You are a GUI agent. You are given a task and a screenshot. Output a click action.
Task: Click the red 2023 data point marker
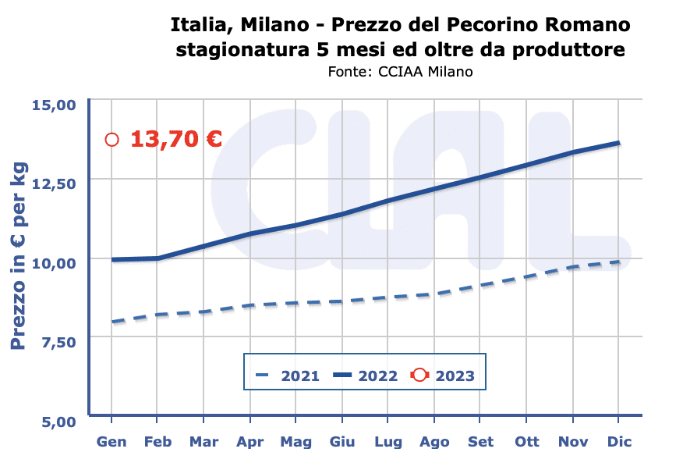coord(111,140)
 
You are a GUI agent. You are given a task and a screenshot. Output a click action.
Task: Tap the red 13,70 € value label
coord(176,140)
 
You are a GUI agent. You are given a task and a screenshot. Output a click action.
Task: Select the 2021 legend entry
coord(288,376)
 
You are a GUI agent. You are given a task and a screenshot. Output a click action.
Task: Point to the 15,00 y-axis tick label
coord(54,105)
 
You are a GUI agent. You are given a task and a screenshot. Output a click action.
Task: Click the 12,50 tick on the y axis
coord(54,183)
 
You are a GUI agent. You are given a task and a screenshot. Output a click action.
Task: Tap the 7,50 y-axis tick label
coord(57,342)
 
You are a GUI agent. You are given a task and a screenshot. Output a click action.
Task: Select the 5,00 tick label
coord(57,422)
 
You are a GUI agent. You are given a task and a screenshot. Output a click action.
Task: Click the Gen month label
coord(111,442)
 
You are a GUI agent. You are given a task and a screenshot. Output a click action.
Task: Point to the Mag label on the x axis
coord(295,442)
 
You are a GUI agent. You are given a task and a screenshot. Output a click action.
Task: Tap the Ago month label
coord(434,442)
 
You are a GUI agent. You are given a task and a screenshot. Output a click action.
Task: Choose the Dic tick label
coord(619,442)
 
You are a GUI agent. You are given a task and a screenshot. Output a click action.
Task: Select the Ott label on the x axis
coord(527,442)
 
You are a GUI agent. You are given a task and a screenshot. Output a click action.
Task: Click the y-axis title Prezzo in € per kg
coord(19,256)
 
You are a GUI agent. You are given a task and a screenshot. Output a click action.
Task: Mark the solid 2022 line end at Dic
coord(619,143)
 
